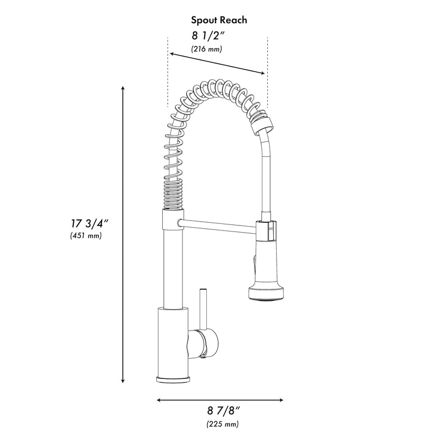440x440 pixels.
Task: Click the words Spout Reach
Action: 219,20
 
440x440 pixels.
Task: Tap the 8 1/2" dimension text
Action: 208,36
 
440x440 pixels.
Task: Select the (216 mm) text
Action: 207,49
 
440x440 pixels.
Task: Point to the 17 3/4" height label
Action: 89,224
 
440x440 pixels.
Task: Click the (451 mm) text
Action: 86,235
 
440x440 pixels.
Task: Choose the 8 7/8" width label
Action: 224,411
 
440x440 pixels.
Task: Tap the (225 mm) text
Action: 223,424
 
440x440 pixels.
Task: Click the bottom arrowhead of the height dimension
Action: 123,381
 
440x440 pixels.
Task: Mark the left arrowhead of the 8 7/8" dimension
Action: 159,400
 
